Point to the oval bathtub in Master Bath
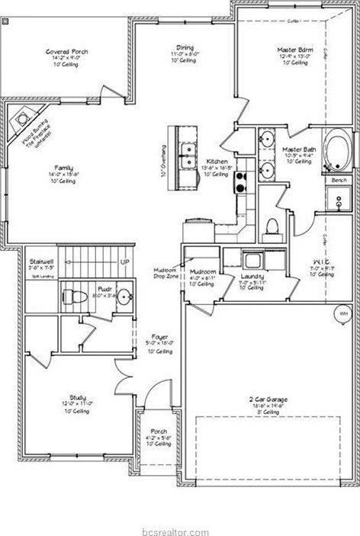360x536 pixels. (334, 152)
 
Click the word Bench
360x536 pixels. (339, 180)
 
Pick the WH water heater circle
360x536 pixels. (342, 313)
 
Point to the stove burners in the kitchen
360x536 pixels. (240, 181)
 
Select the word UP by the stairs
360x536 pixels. (124, 263)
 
